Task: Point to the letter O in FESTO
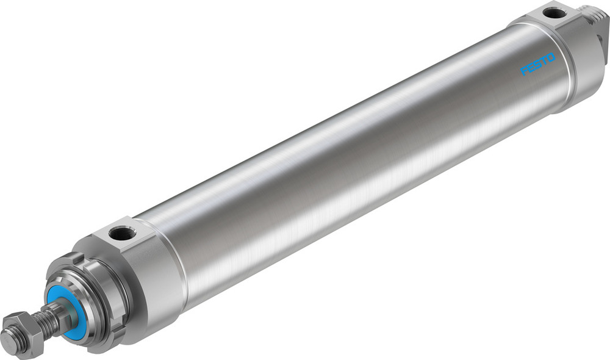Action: (x=551, y=57)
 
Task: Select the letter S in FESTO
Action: (x=537, y=65)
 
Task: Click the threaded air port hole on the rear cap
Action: (x=553, y=12)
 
